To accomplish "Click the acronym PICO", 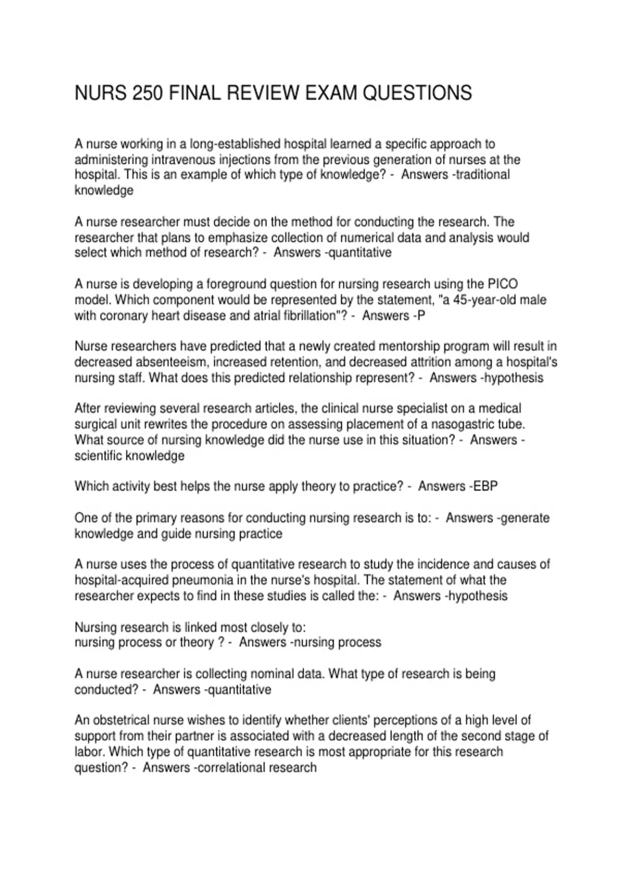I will (502, 284).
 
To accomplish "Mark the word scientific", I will (98, 456).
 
